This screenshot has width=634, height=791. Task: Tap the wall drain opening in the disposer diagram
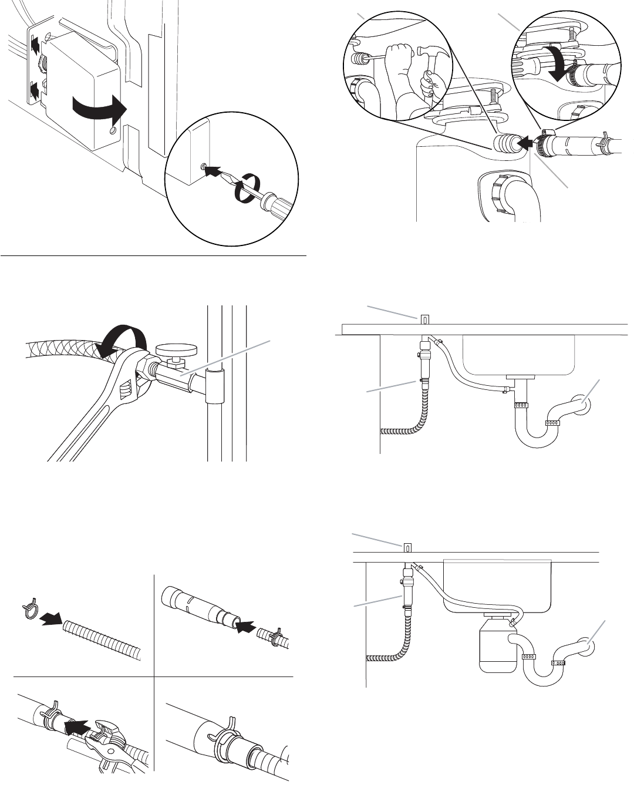586,646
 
